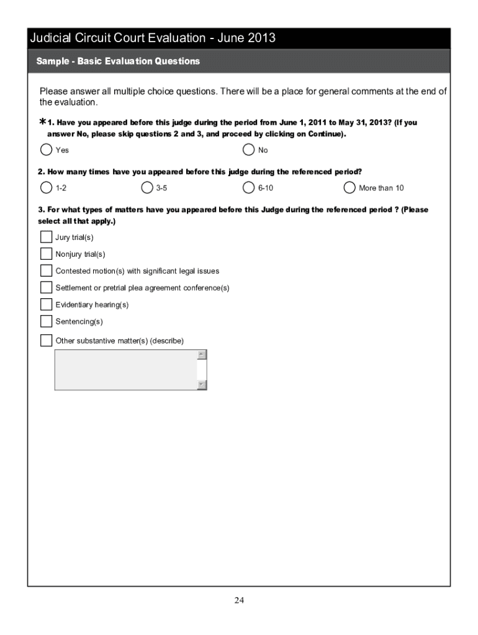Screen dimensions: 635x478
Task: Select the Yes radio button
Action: pyautogui.click(x=46, y=149)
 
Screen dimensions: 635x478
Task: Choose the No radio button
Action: pyautogui.click(x=248, y=149)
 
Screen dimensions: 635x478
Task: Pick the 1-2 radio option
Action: pyautogui.click(x=46, y=187)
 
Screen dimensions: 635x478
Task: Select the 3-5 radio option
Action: pyautogui.click(x=147, y=187)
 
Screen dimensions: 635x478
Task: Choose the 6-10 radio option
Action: pyautogui.click(x=248, y=187)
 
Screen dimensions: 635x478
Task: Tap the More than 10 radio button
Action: pyautogui.click(x=349, y=187)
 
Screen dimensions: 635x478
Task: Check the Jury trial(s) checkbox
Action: pyautogui.click(x=46, y=237)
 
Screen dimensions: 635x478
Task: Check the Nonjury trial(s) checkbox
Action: pyautogui.click(x=46, y=254)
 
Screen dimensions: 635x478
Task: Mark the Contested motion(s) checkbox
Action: pyautogui.click(x=46, y=270)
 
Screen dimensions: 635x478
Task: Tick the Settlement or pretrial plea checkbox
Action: pyautogui.click(x=46, y=287)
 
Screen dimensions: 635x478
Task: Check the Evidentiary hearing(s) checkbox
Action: pyautogui.click(x=46, y=304)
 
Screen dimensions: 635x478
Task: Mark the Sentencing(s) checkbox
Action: pyautogui.click(x=46, y=321)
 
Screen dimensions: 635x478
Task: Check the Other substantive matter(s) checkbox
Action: pyautogui.click(x=46, y=340)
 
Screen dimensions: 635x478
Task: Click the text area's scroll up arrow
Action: pyautogui.click(x=201, y=355)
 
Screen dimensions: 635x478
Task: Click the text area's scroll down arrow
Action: pyautogui.click(x=201, y=384)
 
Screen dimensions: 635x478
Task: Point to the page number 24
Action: pyautogui.click(x=239, y=600)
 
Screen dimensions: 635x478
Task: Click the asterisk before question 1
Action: pyautogui.click(x=42, y=122)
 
